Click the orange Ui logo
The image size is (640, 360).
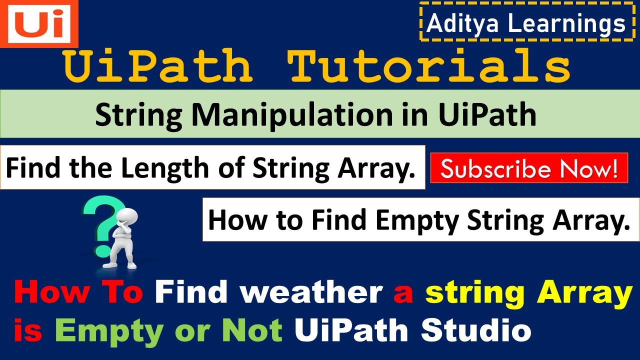coord(39,23)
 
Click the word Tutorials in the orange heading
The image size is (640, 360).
coord(429,66)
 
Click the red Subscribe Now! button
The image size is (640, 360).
coord(529,168)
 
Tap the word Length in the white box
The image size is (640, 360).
coord(165,168)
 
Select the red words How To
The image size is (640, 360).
coord(79,291)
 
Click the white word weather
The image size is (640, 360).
coord(311,291)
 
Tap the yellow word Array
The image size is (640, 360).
coord(584,294)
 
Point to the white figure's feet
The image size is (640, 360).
coord(120,265)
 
